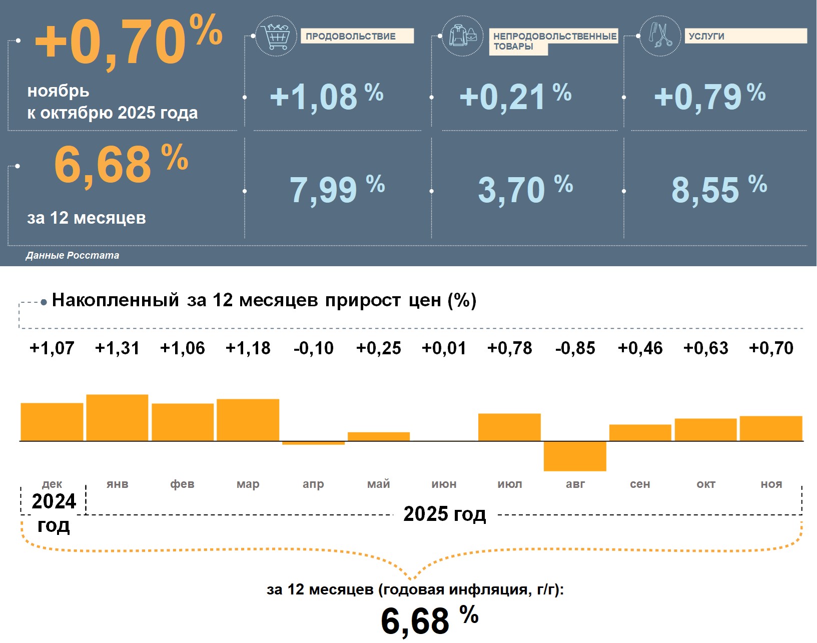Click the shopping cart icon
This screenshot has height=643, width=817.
(x=276, y=36)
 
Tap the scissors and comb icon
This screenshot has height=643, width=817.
(x=660, y=36)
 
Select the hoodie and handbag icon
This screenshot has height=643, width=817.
(x=463, y=36)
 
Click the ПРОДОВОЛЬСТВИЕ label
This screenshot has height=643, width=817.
(x=351, y=36)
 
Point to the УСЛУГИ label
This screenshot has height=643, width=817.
(x=706, y=36)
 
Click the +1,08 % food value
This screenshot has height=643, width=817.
(x=326, y=97)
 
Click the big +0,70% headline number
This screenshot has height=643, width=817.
(x=128, y=41)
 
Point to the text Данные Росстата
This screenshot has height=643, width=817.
(x=73, y=255)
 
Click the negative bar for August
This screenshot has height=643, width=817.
(x=575, y=456)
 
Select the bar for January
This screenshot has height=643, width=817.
(x=117, y=418)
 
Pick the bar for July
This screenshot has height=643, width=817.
(x=509, y=427)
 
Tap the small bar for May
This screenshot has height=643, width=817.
(x=379, y=436)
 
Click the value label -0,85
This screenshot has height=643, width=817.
(x=575, y=348)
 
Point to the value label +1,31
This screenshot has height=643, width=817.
(x=117, y=348)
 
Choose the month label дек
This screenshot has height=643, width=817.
(x=52, y=484)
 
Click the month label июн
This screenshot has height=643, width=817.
(x=444, y=484)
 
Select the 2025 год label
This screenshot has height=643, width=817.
(x=444, y=514)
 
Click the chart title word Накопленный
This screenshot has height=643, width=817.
(x=116, y=300)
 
